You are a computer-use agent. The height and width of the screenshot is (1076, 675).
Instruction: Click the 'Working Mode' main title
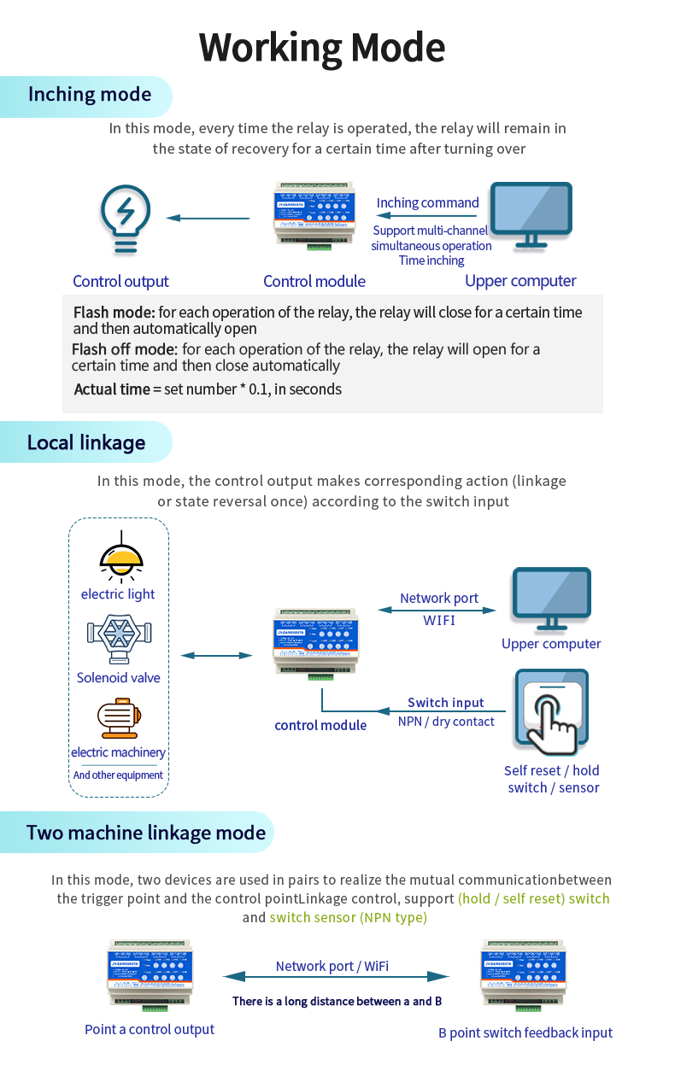click(322, 49)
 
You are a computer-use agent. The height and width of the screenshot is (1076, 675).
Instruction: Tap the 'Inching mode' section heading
click(89, 95)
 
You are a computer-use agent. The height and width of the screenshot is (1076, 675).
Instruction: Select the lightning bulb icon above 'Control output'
click(125, 219)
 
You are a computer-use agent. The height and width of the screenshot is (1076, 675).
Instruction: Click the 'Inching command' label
click(427, 203)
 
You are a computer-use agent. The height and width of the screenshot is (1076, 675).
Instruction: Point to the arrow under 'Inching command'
click(427, 217)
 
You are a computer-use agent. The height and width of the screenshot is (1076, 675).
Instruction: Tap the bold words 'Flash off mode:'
click(124, 349)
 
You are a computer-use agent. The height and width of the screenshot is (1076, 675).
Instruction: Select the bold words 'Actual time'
click(111, 389)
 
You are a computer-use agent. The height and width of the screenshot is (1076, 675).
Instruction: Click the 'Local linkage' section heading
click(85, 442)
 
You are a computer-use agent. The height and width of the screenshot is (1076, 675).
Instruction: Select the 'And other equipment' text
click(118, 775)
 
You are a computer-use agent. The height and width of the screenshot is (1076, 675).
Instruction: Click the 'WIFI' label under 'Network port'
click(439, 620)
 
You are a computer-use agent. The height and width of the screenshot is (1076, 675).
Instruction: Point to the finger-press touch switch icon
click(551, 711)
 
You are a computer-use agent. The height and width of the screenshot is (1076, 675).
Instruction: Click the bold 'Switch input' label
click(445, 703)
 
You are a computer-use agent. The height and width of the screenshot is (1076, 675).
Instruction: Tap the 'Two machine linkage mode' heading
click(146, 833)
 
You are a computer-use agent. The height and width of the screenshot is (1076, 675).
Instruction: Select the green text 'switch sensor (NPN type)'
click(348, 918)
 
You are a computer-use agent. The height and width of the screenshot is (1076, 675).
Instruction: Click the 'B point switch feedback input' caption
click(525, 1032)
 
